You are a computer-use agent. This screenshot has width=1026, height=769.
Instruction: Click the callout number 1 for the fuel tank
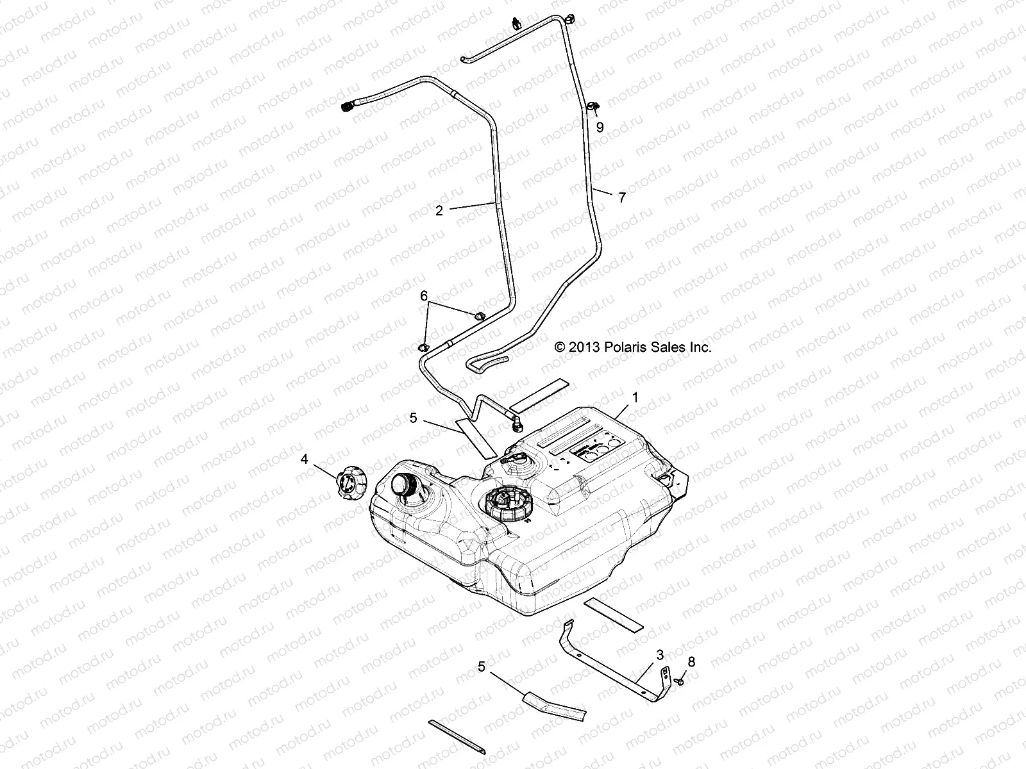(x=635, y=398)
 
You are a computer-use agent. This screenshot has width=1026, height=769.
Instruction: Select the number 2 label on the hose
(x=439, y=210)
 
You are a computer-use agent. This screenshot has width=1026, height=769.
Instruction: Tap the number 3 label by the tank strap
(x=660, y=655)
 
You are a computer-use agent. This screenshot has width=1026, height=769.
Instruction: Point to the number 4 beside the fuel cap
(x=305, y=459)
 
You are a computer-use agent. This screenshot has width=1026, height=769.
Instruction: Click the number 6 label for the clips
(x=423, y=296)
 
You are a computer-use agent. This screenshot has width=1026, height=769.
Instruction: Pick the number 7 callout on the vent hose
(x=621, y=198)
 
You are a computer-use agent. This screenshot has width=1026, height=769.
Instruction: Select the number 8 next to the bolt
(x=691, y=662)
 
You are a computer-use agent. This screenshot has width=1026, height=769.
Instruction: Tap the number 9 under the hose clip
(x=600, y=128)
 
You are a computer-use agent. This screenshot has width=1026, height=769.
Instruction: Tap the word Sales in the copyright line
(x=670, y=347)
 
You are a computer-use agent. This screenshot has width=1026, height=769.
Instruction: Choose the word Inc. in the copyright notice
(x=700, y=347)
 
